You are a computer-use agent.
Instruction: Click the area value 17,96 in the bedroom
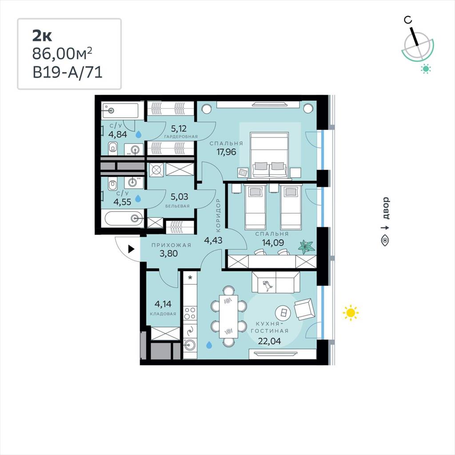[226, 152]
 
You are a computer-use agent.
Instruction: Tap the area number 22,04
[269, 341]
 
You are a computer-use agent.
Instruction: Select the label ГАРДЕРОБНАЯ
[181, 136]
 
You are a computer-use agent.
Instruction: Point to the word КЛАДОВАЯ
[163, 314]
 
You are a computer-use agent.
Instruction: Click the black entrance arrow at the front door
[131, 249]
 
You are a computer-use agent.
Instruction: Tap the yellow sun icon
[351, 313]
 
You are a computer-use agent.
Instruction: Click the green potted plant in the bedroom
[307, 246]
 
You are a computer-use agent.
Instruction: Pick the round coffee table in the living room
[283, 313]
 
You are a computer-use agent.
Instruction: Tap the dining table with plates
[228, 316]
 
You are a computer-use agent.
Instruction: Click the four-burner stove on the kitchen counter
[190, 313]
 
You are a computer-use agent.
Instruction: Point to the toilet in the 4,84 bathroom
[112, 148]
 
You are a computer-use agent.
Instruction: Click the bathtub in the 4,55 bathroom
[124, 219]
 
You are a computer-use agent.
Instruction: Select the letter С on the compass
[408, 20]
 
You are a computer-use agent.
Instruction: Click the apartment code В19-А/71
[68, 72]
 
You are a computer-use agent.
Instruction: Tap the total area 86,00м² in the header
[62, 53]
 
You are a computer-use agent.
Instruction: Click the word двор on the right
[386, 208]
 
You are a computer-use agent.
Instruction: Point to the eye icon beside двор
[385, 241]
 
